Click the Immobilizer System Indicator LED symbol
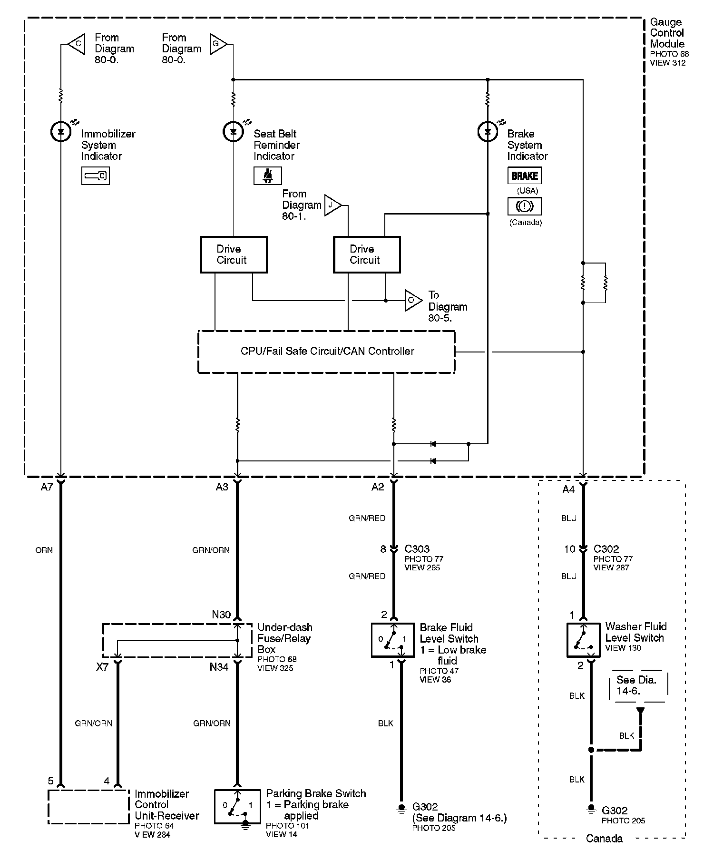61,132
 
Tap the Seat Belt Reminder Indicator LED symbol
233,132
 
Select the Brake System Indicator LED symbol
488,132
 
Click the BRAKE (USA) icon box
525,176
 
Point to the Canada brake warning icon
525,206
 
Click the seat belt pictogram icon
268,176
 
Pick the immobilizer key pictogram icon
96,176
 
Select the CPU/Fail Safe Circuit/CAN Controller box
326,352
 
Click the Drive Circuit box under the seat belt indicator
234,254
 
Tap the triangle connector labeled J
332,205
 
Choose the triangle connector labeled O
413,301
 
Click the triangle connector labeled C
76,44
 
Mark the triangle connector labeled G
218,44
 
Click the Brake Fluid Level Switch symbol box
393,640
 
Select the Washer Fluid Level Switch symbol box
583,640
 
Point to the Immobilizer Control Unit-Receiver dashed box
88,807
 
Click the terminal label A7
47,487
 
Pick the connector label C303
417,549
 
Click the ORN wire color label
44,550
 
